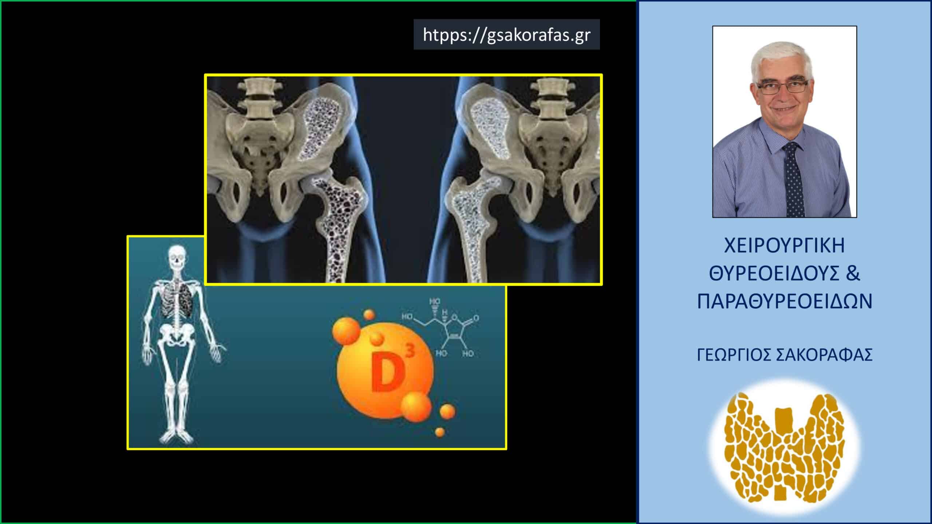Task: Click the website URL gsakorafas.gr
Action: [x=506, y=35]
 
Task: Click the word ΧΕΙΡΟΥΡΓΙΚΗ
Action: [x=785, y=246]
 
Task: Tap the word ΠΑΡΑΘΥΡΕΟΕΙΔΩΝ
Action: [x=785, y=302]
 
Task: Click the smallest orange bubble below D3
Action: [x=440, y=432]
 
